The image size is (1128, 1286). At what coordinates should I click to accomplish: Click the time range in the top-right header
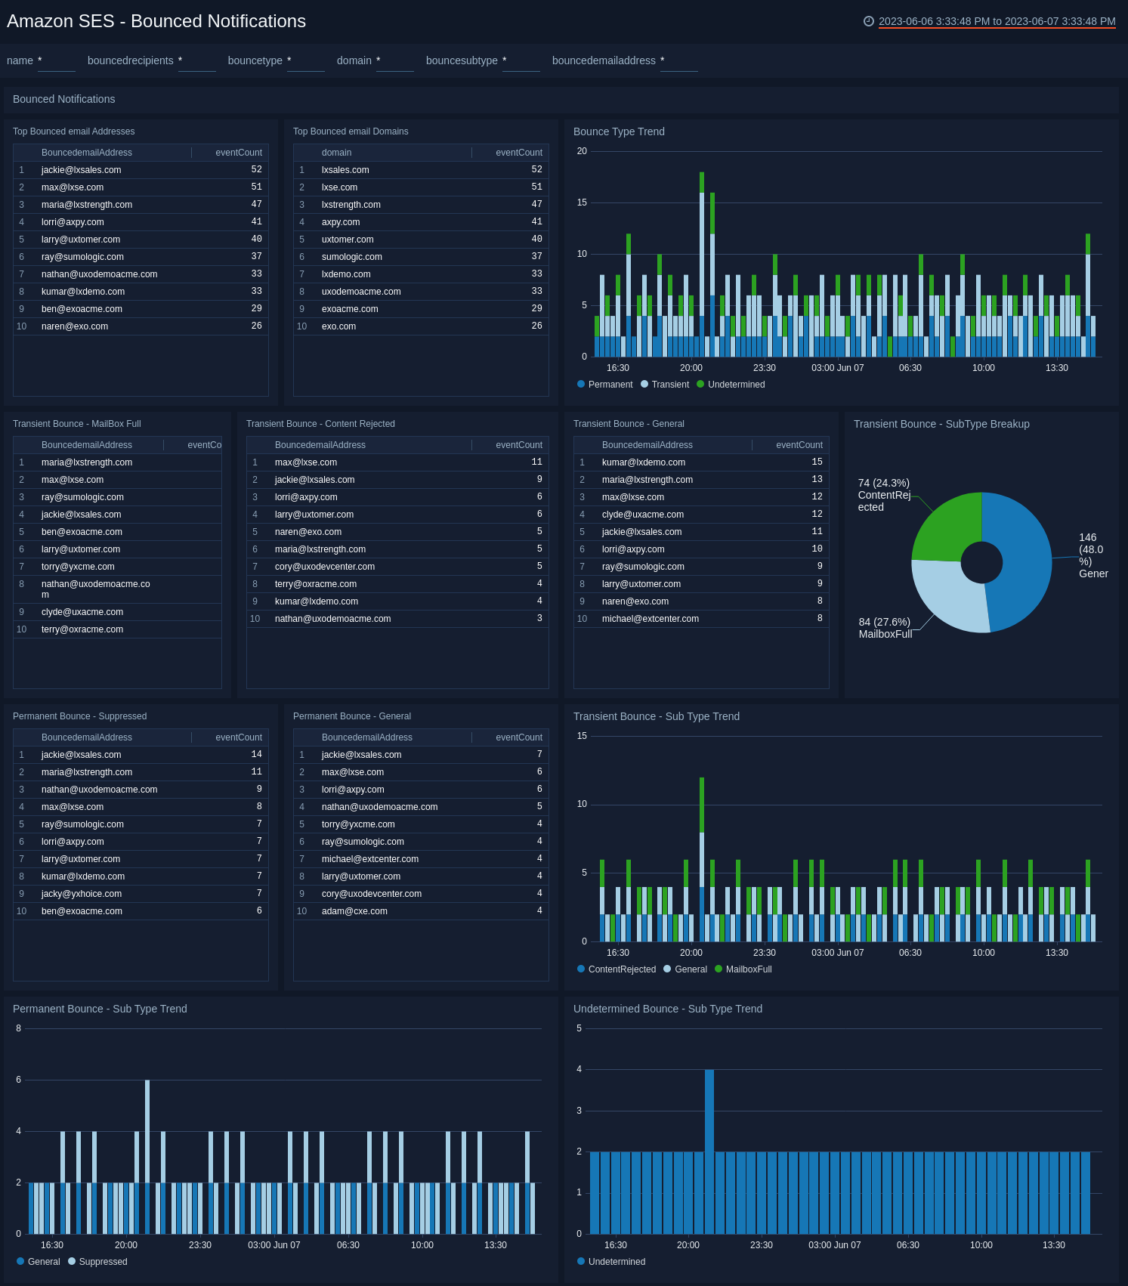[x=997, y=21]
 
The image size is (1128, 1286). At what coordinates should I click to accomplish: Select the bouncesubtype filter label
[x=462, y=60]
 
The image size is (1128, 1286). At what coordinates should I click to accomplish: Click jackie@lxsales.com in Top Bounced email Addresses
[x=81, y=170]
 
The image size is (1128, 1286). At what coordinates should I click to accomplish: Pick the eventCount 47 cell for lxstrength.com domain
[x=536, y=205]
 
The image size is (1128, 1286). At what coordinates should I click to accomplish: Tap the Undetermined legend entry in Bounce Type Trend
[x=731, y=385]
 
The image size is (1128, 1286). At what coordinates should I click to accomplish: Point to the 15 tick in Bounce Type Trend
[x=582, y=202]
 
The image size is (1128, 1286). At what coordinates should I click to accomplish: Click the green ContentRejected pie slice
[x=948, y=526]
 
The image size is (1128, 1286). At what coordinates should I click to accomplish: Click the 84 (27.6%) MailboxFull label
[x=885, y=628]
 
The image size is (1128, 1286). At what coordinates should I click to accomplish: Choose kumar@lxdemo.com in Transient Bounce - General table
[x=643, y=462]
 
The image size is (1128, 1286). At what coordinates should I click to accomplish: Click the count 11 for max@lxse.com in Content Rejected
[x=536, y=462]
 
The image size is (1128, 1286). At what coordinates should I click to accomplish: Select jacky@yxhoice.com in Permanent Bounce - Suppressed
[x=81, y=894]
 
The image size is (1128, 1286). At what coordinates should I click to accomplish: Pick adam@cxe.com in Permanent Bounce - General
[x=354, y=911]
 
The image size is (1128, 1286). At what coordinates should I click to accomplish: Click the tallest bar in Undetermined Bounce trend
[x=709, y=1148]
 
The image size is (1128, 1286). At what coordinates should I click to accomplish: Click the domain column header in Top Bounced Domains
[x=336, y=153]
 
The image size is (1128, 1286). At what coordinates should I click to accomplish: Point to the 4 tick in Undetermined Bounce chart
[x=579, y=1069]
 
